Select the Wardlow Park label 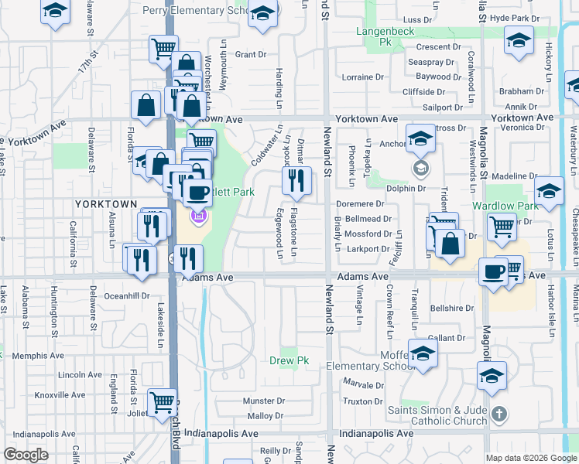[512, 206]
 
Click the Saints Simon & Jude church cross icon [499, 415]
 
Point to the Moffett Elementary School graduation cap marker [423, 355]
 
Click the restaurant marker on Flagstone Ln [296, 182]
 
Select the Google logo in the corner [26, 455]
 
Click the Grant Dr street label [250, 55]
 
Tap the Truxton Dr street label [358, 401]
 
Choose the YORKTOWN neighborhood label [105, 203]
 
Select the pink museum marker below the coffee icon [197, 216]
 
